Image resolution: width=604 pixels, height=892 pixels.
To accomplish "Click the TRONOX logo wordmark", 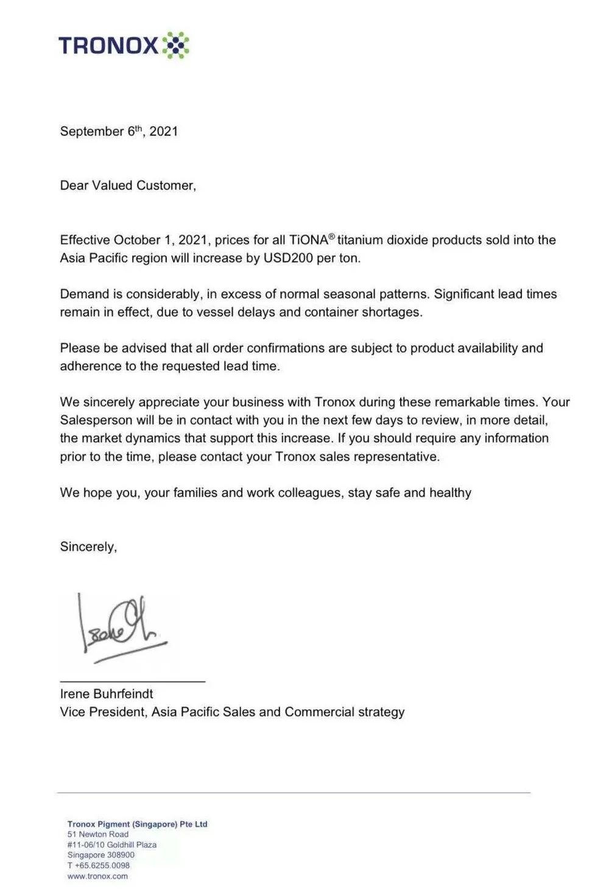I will point(108,46).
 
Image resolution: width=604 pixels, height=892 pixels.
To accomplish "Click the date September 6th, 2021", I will point(119,131).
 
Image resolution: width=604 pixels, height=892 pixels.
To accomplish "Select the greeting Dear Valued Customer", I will point(128,185).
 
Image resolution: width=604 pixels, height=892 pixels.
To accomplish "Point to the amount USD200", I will point(288,258).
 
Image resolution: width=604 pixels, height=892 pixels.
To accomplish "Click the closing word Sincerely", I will point(88,547).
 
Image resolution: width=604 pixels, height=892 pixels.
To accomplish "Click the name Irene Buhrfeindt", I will point(107,693).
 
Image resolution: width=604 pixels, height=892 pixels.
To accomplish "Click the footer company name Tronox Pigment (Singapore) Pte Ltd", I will point(138,824).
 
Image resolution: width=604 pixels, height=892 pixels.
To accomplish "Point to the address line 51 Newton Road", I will point(98,834).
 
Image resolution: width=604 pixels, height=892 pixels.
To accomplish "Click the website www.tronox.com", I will point(97,876).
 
